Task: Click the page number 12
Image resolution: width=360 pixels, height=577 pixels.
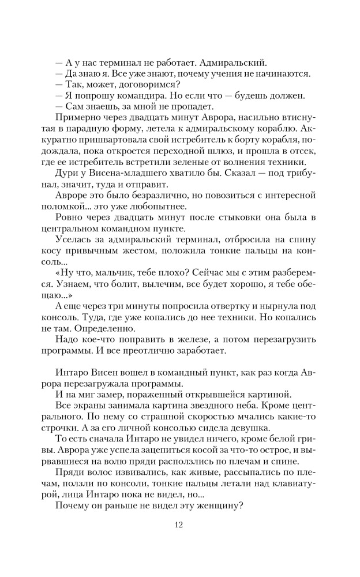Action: (x=179, y=524)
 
